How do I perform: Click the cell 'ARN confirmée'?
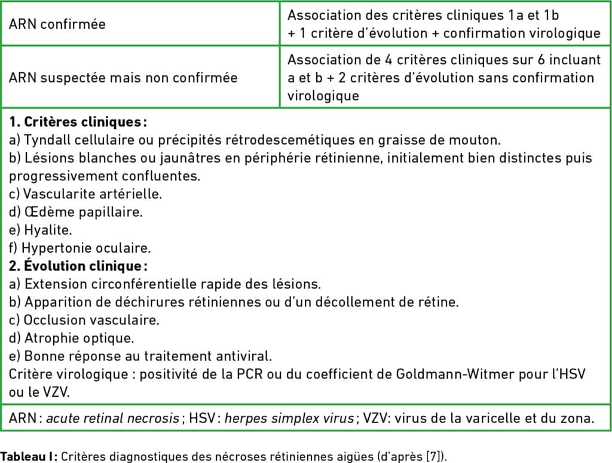57,24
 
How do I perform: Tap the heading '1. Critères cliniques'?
78,122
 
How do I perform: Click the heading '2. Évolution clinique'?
78,265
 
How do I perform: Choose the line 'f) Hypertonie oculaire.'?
79,247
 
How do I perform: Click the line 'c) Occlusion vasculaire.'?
84,320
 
